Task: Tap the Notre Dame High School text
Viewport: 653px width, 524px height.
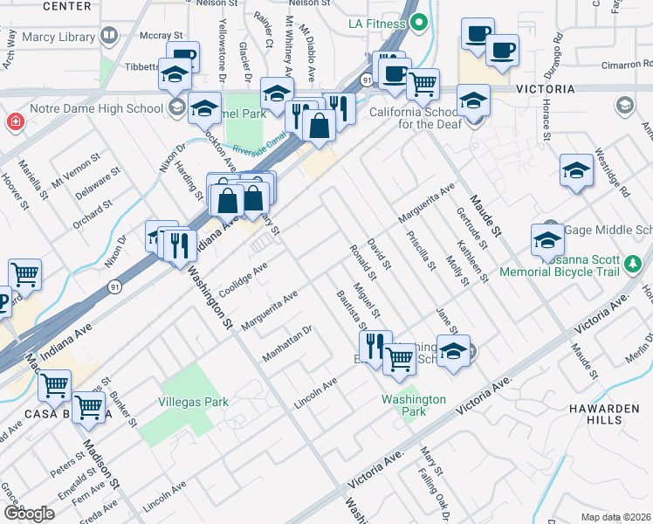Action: [x=84, y=108]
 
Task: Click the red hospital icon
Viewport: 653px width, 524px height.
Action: [x=14, y=122]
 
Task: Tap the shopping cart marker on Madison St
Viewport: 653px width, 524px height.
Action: [x=89, y=406]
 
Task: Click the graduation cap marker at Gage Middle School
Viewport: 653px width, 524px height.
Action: [x=547, y=240]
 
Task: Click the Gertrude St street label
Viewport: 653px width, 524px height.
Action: [x=468, y=224]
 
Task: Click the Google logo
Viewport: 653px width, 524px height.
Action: [x=29, y=514]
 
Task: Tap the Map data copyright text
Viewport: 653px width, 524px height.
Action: [x=616, y=517]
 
